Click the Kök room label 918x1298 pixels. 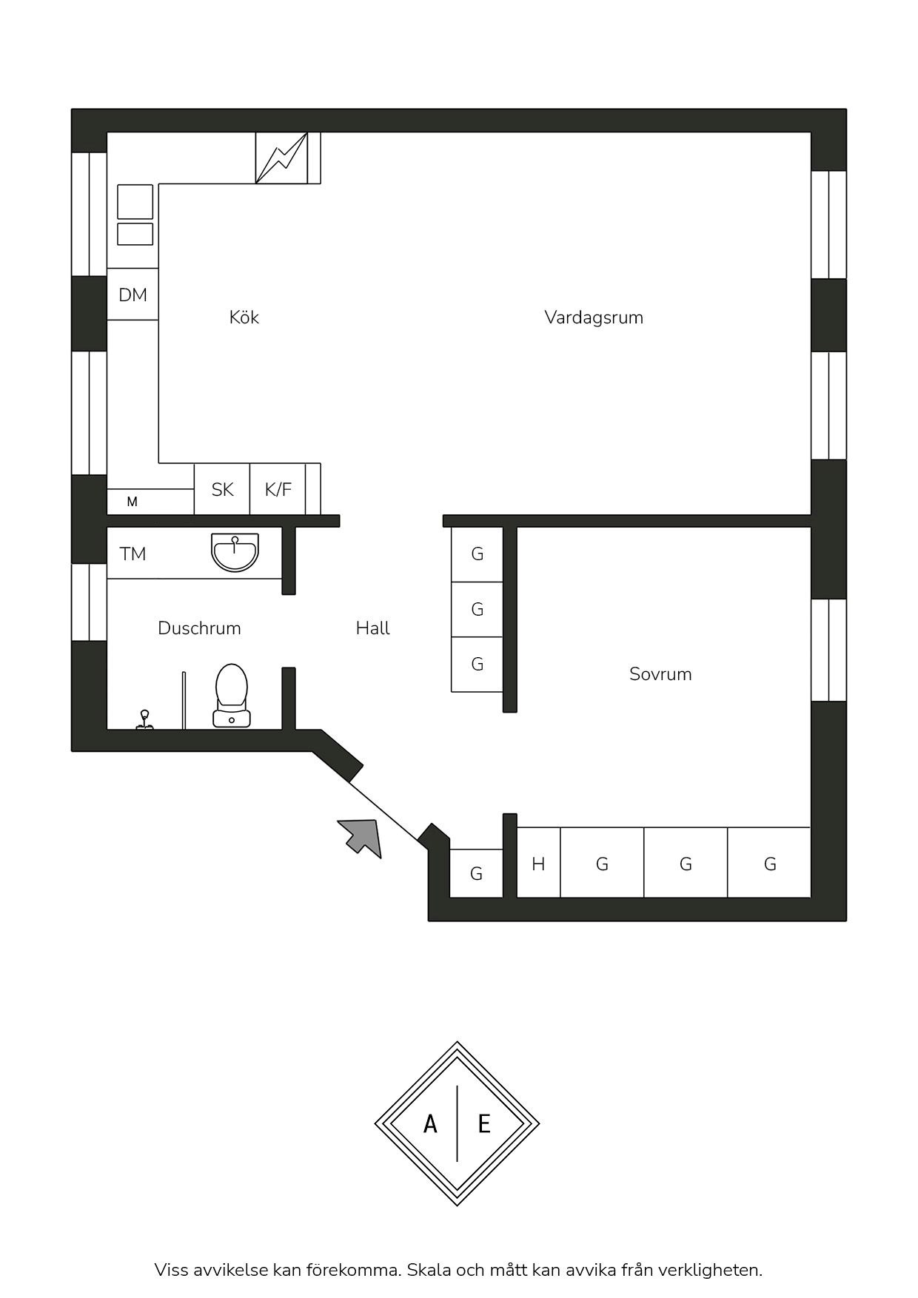(x=244, y=317)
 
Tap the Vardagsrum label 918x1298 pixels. (x=594, y=317)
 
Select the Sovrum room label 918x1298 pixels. (x=660, y=674)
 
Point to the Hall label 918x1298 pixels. (x=372, y=628)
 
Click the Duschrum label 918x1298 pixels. (x=199, y=628)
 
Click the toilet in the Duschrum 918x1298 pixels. (x=232, y=696)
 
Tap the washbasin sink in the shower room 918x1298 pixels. (x=235, y=552)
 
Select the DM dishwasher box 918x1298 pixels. (x=133, y=295)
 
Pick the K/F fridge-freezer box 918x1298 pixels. (x=278, y=489)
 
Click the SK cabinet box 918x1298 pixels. (x=222, y=489)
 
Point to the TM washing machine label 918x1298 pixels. (x=133, y=554)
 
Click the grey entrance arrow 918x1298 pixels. (x=361, y=838)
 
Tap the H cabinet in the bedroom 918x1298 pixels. (x=538, y=863)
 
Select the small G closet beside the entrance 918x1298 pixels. (x=476, y=874)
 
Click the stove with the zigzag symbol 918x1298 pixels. (x=281, y=158)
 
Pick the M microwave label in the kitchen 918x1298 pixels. (x=132, y=502)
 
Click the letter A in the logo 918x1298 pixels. (x=430, y=1125)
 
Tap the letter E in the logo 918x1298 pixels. (x=484, y=1125)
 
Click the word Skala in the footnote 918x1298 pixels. (x=429, y=1270)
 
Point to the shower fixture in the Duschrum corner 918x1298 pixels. (x=144, y=719)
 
